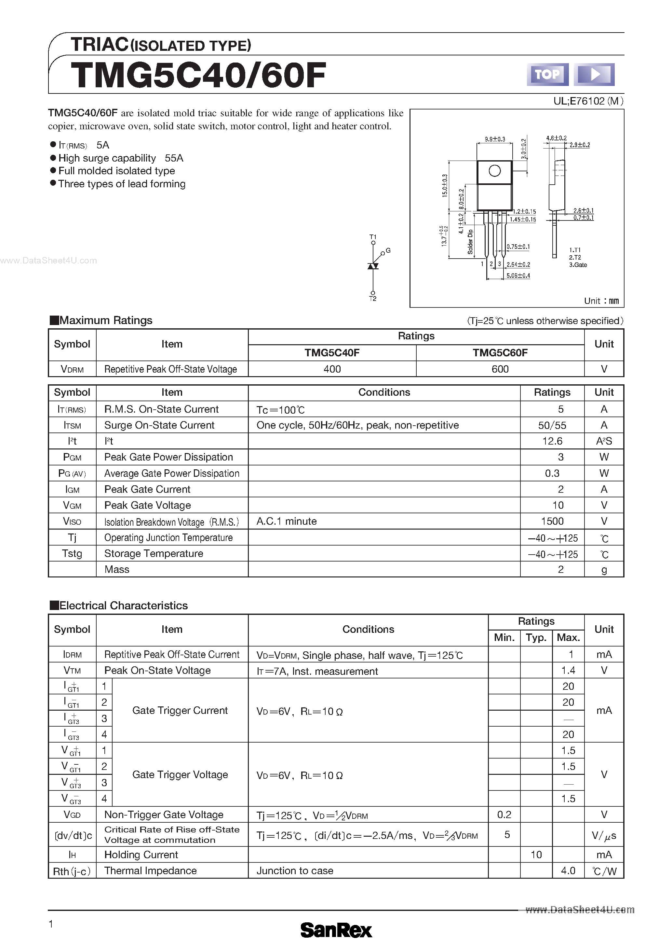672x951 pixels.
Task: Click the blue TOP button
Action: click(x=547, y=75)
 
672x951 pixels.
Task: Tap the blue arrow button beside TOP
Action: click(x=594, y=75)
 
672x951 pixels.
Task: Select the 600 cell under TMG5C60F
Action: click(x=500, y=369)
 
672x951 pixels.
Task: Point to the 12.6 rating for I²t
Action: click(x=552, y=441)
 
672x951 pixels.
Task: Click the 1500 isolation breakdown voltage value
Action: click(x=552, y=521)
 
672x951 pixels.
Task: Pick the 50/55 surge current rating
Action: click(x=552, y=425)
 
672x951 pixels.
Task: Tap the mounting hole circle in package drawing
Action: click(x=494, y=171)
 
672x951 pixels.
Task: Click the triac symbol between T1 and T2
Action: click(x=373, y=266)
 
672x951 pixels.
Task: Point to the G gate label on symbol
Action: click(x=388, y=250)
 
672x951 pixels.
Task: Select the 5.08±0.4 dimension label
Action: click(x=518, y=276)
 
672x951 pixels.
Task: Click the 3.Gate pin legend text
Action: click(x=578, y=265)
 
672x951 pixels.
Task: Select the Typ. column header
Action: click(x=536, y=637)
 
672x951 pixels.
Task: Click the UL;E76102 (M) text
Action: click(x=588, y=101)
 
